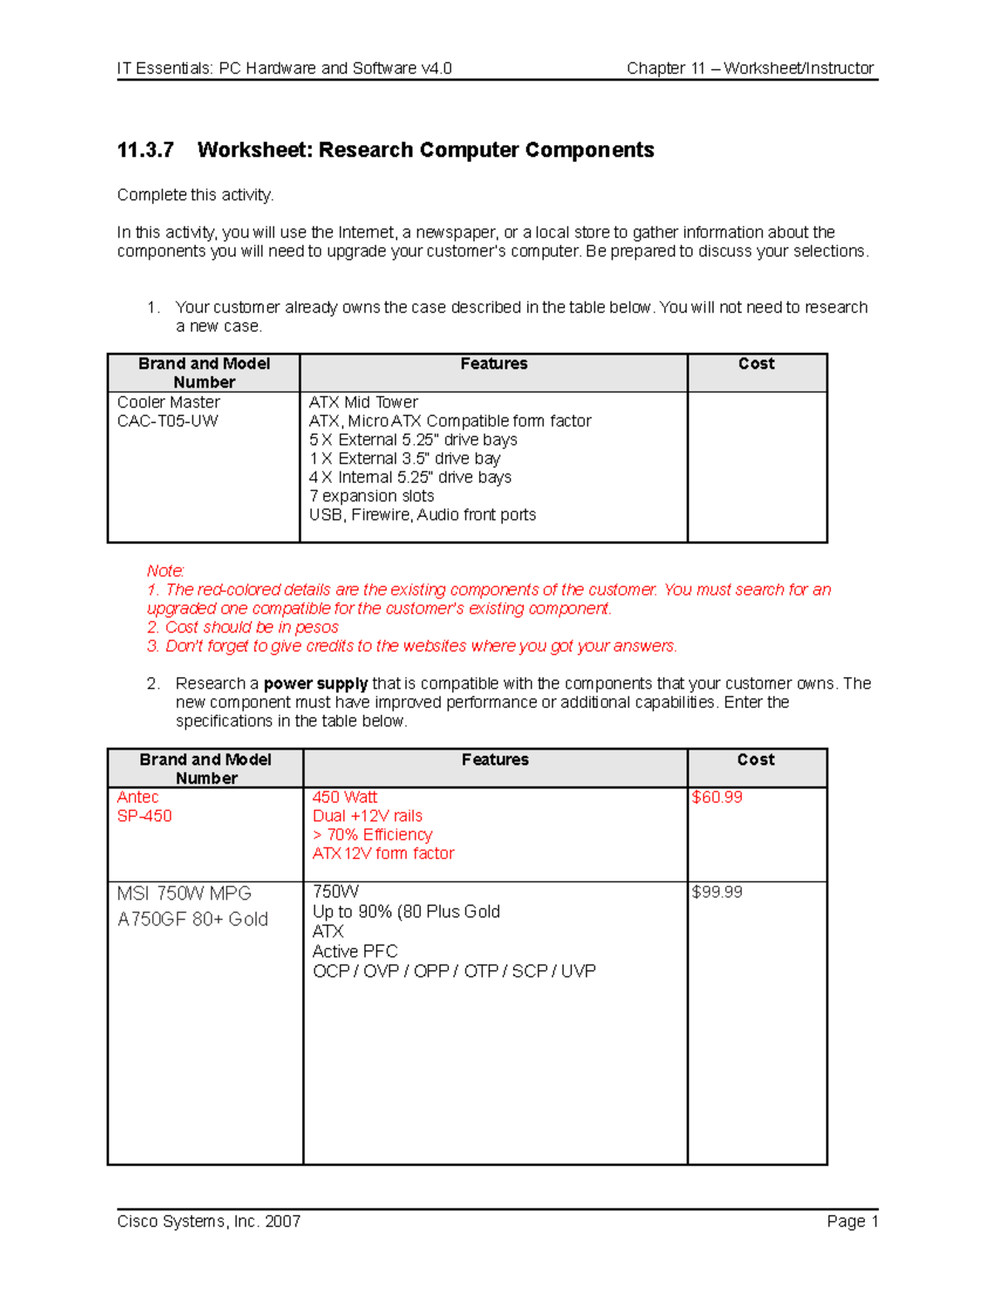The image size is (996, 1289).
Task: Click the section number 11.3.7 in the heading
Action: pos(145,150)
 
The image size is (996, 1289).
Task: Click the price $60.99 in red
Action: pos(716,798)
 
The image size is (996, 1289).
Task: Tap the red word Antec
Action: pos(138,798)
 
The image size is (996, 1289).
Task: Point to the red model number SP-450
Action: pos(144,816)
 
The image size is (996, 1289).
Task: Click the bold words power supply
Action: pos(315,684)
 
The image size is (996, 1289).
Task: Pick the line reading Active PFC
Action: pos(354,951)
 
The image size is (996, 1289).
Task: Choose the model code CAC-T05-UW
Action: pos(168,421)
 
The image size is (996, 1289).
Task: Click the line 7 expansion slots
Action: pos(371,496)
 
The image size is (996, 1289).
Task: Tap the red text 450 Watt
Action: pos(344,798)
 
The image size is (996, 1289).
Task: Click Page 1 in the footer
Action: pos(852,1221)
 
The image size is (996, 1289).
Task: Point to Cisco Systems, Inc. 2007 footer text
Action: pos(208,1221)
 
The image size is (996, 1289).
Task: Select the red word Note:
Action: pos(165,571)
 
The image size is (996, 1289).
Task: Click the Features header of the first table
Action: pos(494,364)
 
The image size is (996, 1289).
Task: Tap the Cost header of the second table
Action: pos(755,759)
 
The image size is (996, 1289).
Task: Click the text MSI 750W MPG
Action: pos(184,894)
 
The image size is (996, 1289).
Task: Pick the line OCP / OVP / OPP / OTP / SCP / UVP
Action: pos(454,971)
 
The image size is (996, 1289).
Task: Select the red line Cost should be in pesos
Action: pos(251,627)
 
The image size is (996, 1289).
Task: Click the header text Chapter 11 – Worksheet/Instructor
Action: pos(749,68)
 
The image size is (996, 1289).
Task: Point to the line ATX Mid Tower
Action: pos(364,403)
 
